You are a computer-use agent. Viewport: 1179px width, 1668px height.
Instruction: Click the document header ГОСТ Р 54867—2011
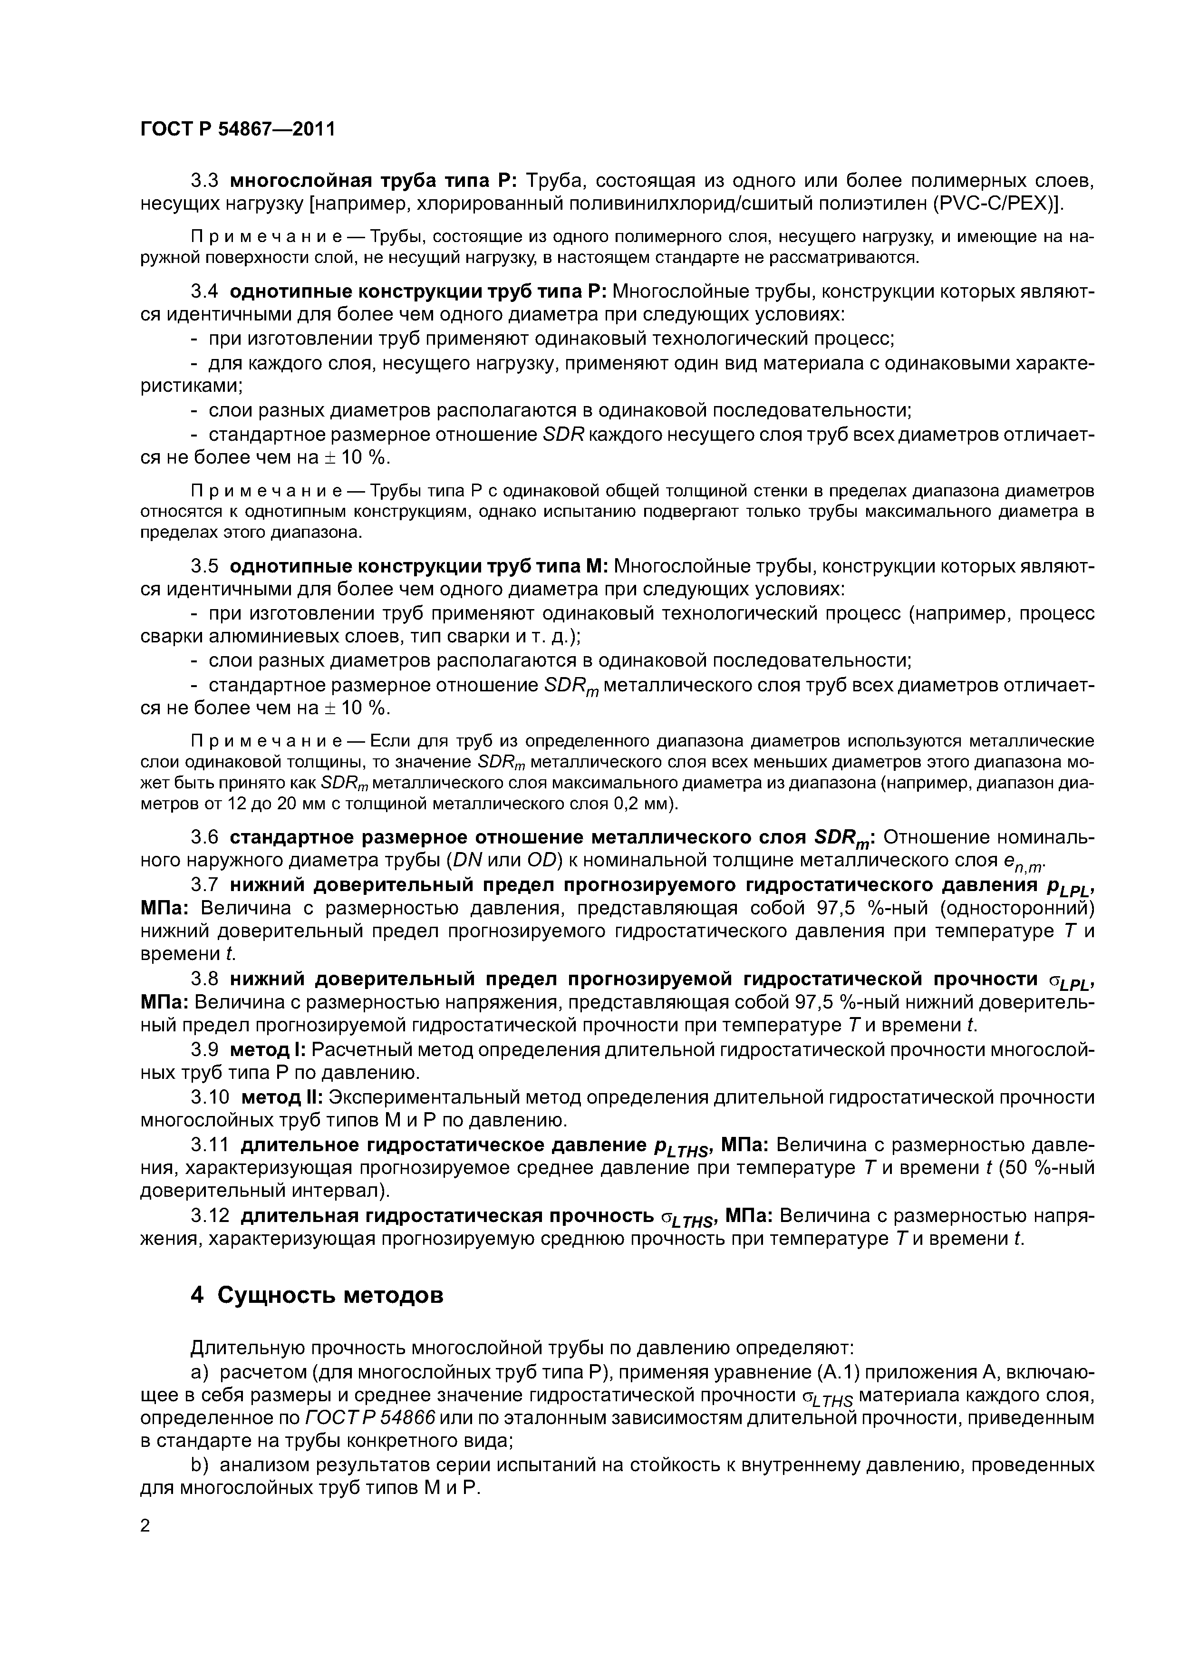[x=238, y=130]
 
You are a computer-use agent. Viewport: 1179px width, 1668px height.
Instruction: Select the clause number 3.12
[x=210, y=1215]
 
